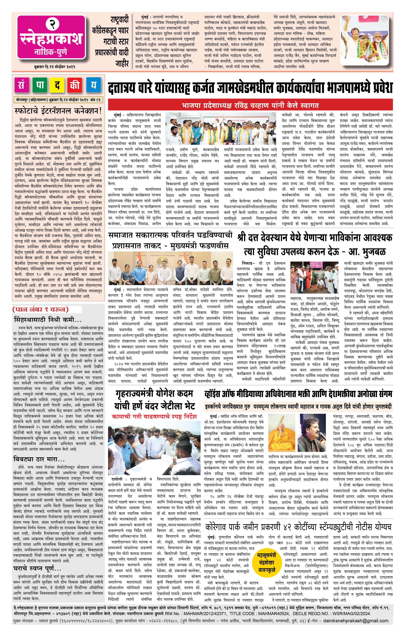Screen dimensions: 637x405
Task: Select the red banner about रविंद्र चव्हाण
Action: pos(250,105)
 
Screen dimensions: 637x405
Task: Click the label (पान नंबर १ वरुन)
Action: pos(40,309)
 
